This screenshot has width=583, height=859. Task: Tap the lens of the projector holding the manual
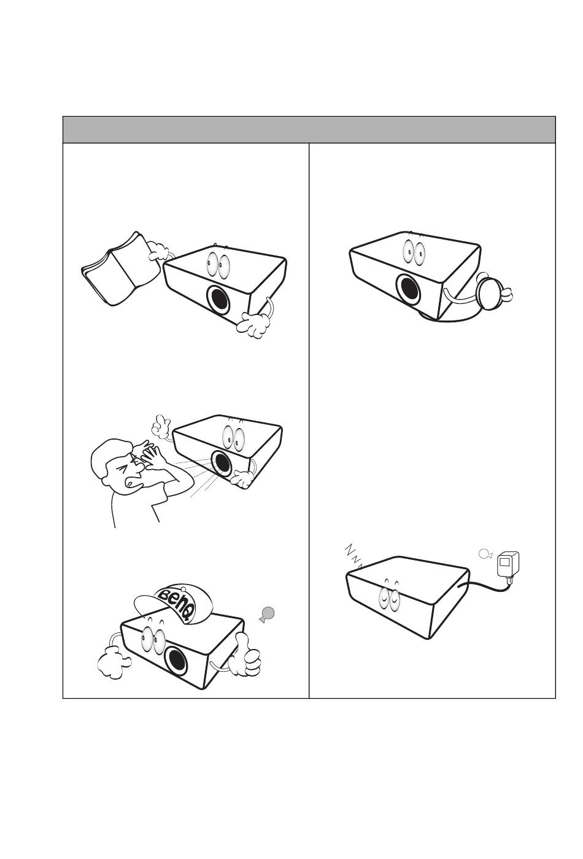coord(219,300)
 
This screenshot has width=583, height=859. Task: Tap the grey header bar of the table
coord(309,130)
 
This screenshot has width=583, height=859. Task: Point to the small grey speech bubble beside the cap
coord(267,615)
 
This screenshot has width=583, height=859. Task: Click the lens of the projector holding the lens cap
coord(408,289)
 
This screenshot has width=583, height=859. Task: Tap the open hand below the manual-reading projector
coord(253,325)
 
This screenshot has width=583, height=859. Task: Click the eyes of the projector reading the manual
coord(218,265)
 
